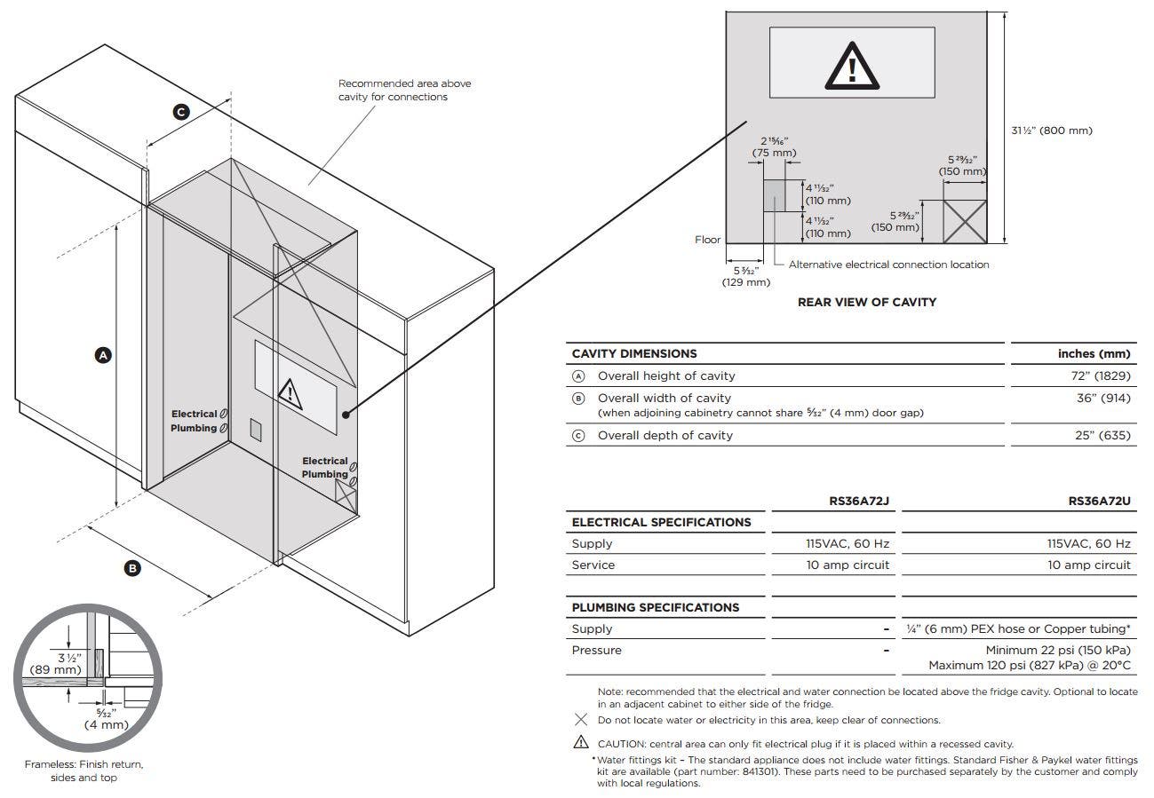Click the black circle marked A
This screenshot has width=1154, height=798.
coord(104,355)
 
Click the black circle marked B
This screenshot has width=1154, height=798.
coord(132,568)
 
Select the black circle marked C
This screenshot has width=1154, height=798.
coord(181,112)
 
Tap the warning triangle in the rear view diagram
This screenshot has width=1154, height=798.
coord(852,67)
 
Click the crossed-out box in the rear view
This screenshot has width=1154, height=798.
coord(965,221)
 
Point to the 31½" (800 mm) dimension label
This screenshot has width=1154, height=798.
coord(1052,130)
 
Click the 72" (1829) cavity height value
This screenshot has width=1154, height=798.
coord(1101,375)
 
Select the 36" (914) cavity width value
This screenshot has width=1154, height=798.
coord(1103,398)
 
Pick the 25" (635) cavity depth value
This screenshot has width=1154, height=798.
coord(1102,435)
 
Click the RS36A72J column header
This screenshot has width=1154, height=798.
coord(859,501)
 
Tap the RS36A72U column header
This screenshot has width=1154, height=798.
coord(1100,501)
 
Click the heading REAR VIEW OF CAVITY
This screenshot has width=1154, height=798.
coord(867,302)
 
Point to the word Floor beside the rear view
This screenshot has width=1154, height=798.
coord(707,240)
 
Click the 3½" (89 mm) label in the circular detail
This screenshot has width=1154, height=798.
coord(56,664)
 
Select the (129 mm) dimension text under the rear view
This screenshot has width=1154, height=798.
coord(746,282)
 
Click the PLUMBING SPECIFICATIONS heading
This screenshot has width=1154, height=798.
coord(656,607)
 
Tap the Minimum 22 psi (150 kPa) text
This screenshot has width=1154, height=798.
coord(1058,651)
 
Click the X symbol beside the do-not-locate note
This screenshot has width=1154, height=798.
coord(581,719)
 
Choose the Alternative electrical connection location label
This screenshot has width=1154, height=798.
coord(888,265)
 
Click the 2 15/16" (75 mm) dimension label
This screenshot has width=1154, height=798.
coord(775,146)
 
